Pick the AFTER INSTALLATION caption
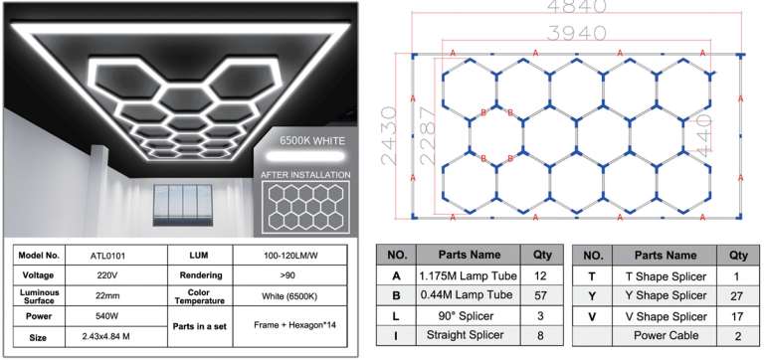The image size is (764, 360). pyautogui.click(x=305, y=175)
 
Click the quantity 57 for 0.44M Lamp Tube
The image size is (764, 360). pyautogui.click(x=539, y=294)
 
